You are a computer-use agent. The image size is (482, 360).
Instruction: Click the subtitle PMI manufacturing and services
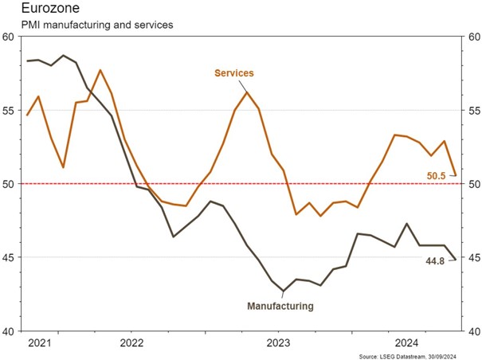[88, 25]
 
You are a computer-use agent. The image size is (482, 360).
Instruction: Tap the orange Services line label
[233, 73]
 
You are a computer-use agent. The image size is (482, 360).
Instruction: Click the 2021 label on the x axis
[41, 343]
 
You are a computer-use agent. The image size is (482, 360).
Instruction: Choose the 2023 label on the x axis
[278, 343]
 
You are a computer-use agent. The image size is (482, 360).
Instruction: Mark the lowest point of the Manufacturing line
[283, 292]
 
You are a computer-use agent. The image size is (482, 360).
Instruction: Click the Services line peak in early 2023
[247, 92]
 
